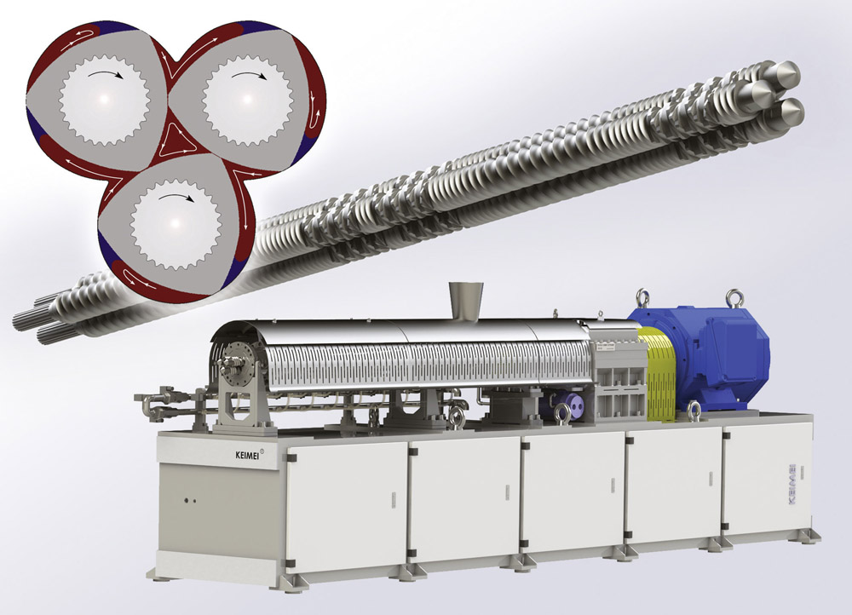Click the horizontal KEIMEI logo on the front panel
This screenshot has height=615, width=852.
click(x=247, y=456)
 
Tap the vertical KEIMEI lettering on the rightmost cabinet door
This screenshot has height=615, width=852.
click(x=792, y=486)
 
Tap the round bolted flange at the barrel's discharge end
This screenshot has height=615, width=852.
click(x=236, y=364)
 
